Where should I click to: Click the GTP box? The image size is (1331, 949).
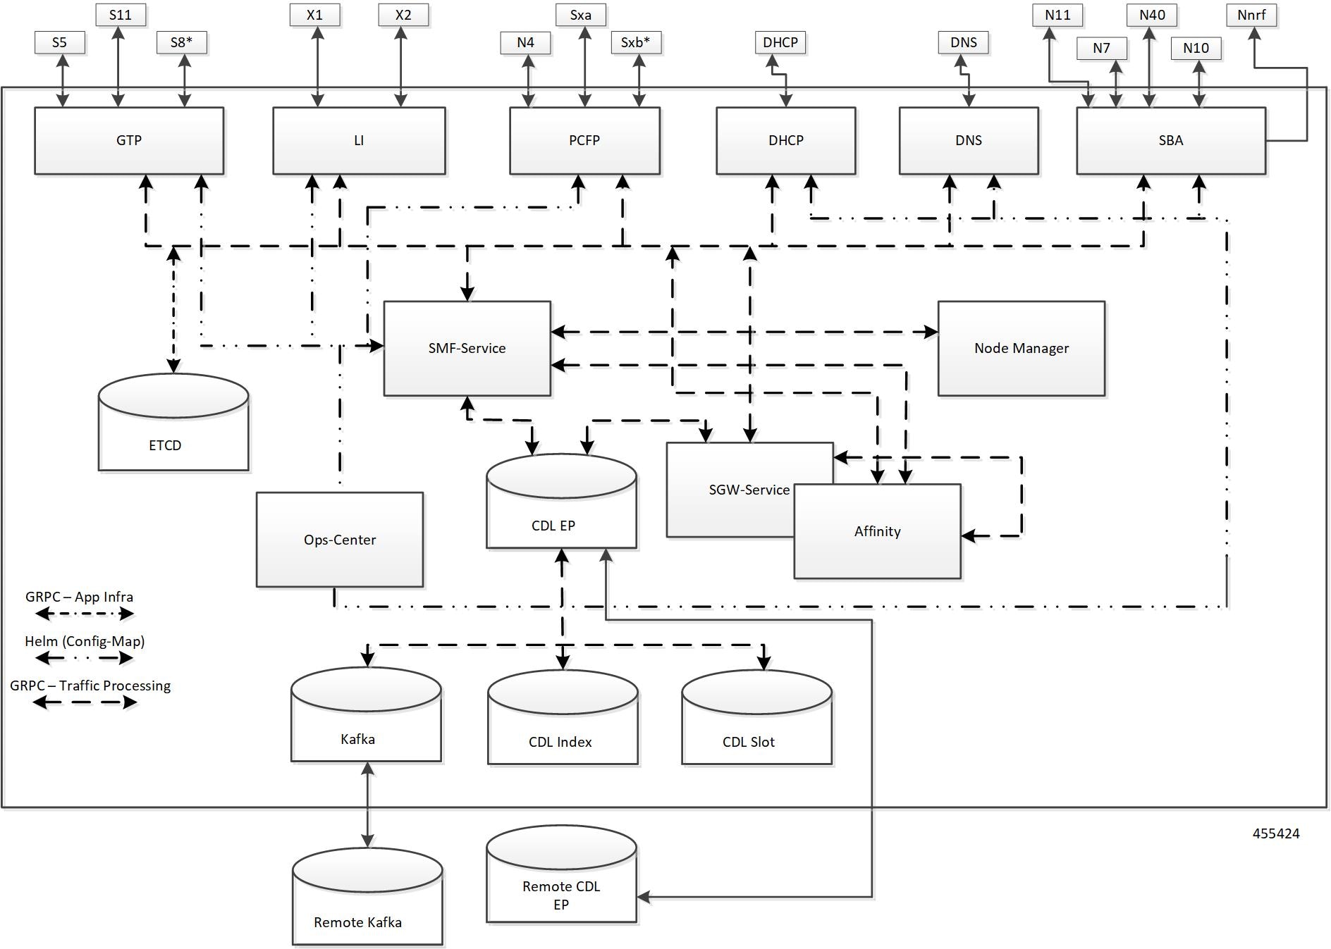tap(129, 140)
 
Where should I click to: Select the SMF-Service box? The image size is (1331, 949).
tap(467, 348)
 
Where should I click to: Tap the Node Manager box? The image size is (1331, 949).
tap(1021, 348)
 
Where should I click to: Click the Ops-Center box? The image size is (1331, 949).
tap(339, 540)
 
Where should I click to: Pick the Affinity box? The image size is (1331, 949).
tap(877, 531)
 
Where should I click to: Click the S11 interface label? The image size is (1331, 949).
tap(121, 15)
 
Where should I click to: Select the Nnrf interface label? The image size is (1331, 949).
tap(1251, 15)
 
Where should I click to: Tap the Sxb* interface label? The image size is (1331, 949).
tap(636, 42)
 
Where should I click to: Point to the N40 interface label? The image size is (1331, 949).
tap(1152, 15)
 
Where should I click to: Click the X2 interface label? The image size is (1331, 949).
tap(403, 15)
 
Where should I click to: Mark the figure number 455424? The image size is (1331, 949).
tap(1275, 833)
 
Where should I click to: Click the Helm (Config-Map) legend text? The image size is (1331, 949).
tap(85, 641)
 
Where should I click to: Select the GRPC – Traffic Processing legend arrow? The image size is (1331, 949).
tap(85, 702)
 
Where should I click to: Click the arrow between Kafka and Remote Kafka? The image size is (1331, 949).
tap(367, 805)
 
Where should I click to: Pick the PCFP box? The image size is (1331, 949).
tap(584, 140)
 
